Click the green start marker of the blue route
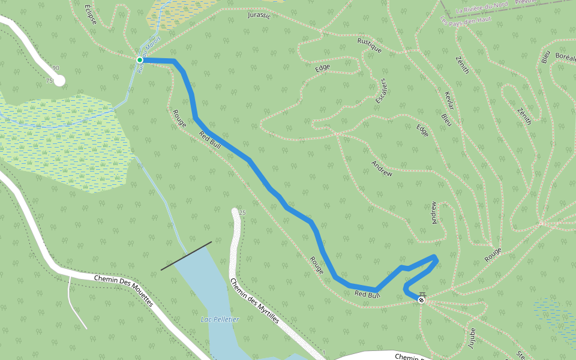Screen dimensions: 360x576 140,60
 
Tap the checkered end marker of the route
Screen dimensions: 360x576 422,299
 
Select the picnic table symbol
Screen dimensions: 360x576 422,293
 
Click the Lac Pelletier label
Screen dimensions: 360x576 220,319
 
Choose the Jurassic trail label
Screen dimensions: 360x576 259,15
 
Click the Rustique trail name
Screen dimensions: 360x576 369,46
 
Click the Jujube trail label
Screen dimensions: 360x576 470,338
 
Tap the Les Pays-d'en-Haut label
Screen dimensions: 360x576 466,20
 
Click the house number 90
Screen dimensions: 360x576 56,68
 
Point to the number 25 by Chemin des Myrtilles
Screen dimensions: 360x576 242,213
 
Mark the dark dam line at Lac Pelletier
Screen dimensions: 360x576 186,256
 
